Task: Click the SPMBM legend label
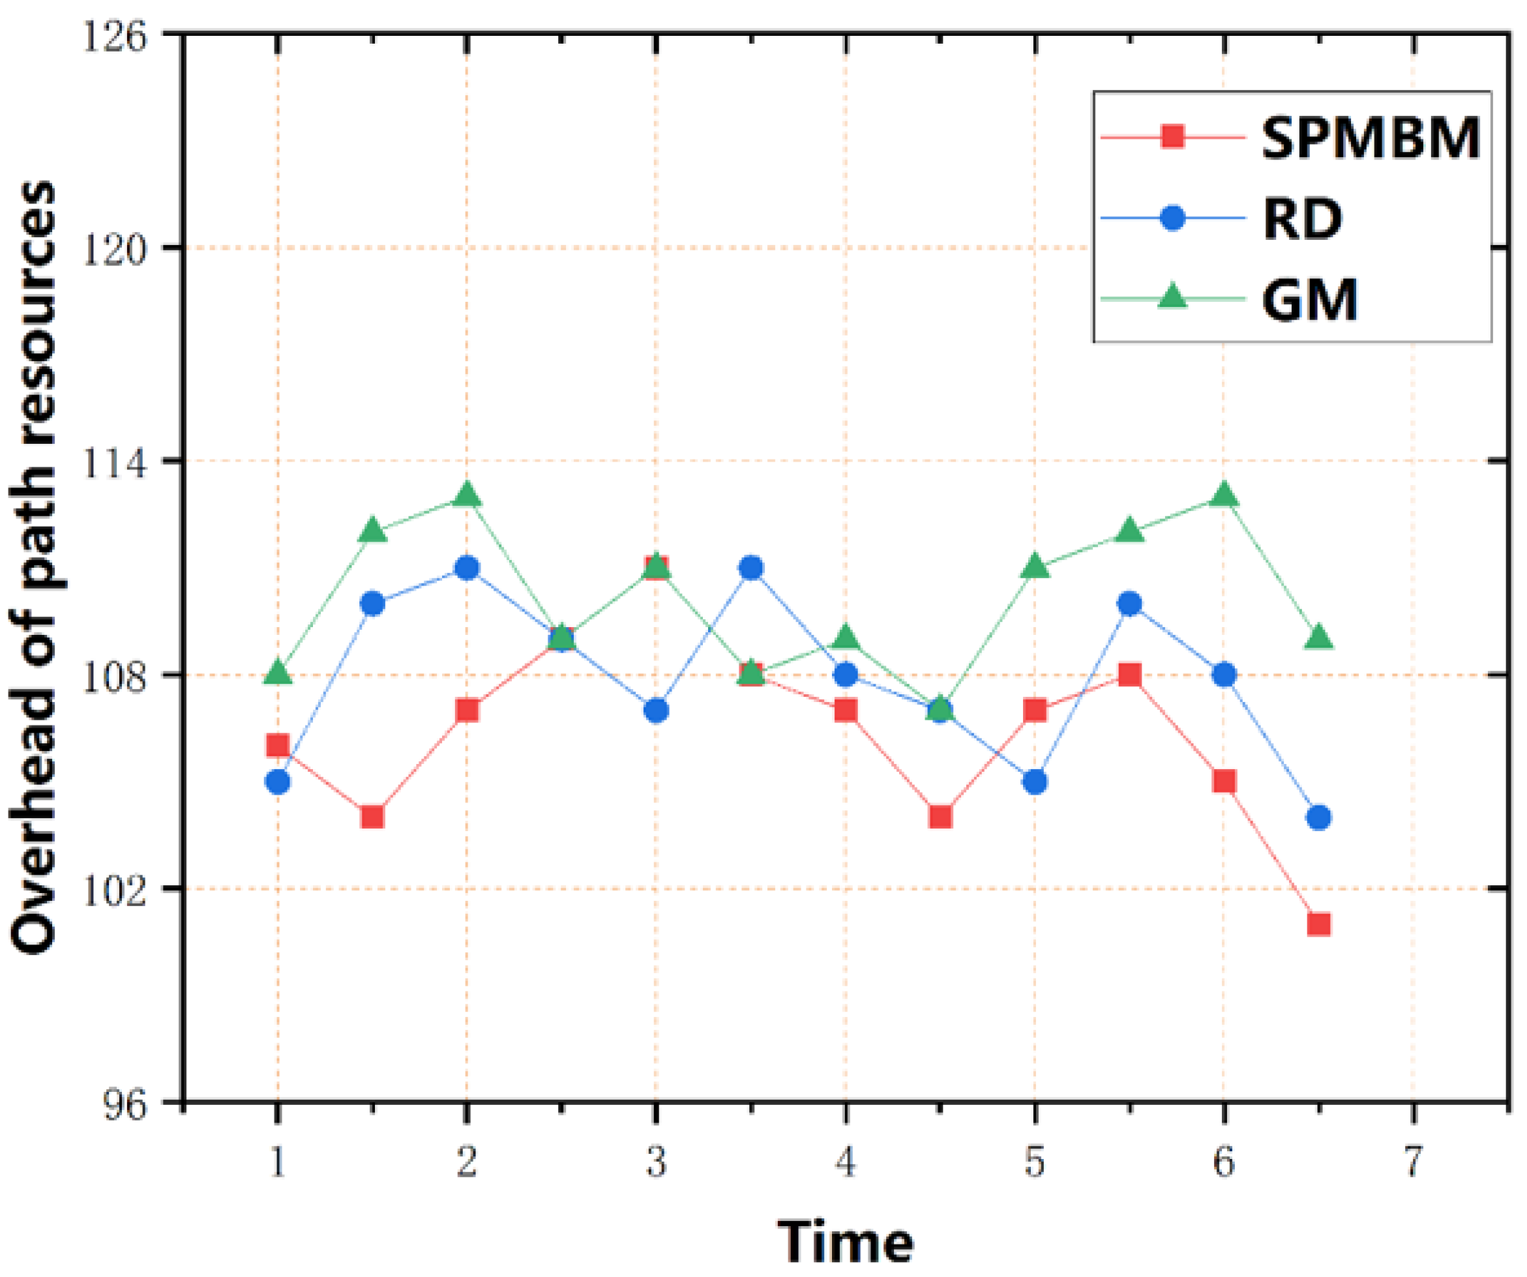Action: pos(1370,138)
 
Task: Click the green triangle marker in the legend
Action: pos(1172,297)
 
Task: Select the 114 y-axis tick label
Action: pos(114,461)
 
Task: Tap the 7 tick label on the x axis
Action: pos(1412,1162)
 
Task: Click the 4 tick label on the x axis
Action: pos(845,1162)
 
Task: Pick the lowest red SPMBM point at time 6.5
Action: pos(1318,924)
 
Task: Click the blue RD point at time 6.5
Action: pos(1318,817)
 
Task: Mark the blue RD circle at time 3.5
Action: pos(751,568)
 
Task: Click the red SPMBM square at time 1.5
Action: pos(372,817)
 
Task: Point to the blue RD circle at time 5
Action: pos(1035,782)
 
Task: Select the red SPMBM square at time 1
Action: pos(278,746)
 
